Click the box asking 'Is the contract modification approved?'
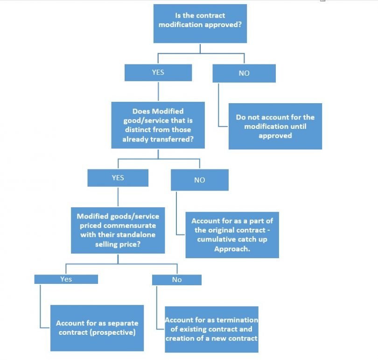[x=200, y=24]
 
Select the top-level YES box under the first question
[x=158, y=73]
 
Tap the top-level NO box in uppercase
[x=244, y=73]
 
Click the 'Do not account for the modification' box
[x=275, y=126]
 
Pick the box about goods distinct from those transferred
[x=158, y=125]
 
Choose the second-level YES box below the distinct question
[x=118, y=178]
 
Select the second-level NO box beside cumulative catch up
[x=199, y=180]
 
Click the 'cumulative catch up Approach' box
[x=232, y=234]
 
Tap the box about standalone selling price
[x=118, y=230]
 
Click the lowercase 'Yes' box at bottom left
[x=66, y=279]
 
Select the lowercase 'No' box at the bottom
[x=176, y=280]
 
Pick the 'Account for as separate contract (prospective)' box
[x=97, y=328]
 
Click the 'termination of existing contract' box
[x=211, y=329]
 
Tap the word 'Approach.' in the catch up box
[x=231, y=248]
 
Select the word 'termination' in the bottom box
[x=238, y=320]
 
